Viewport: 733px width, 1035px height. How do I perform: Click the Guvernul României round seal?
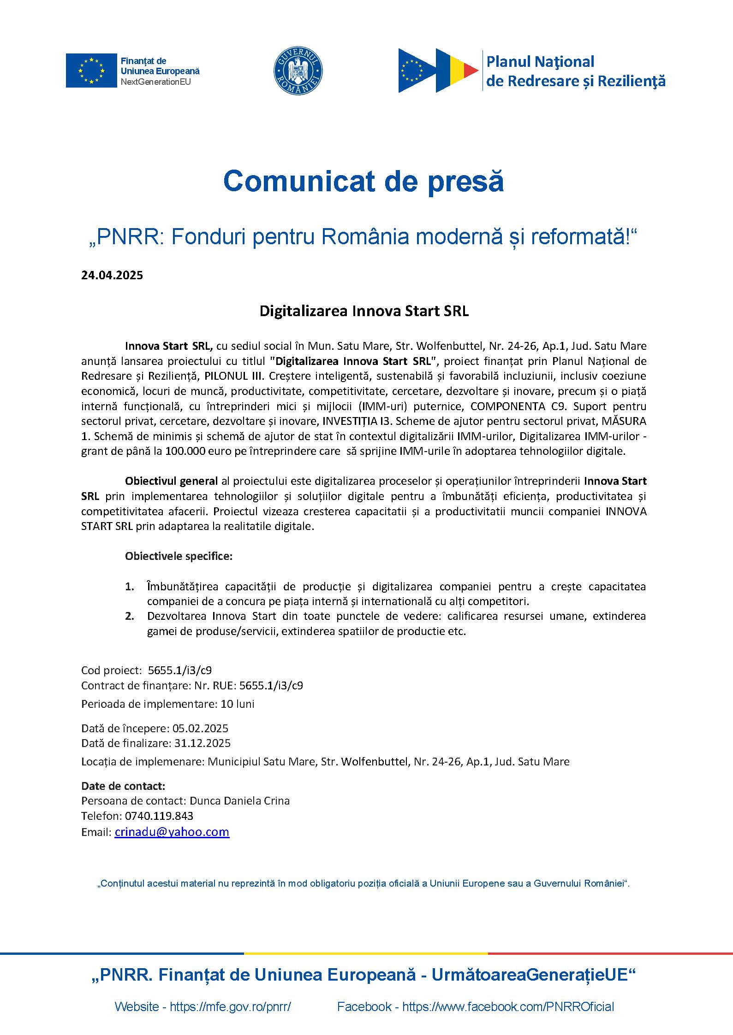click(x=298, y=71)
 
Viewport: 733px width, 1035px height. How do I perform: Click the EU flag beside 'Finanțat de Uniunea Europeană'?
click(x=91, y=71)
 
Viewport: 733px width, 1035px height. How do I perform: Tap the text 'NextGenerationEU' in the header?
click(x=155, y=82)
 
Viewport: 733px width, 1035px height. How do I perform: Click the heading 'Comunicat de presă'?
click(x=364, y=181)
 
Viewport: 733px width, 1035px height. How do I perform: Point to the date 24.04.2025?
click(x=112, y=275)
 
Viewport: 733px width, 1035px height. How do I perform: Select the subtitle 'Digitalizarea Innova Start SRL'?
click(x=364, y=311)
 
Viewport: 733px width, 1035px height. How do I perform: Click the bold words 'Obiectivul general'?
click(x=171, y=481)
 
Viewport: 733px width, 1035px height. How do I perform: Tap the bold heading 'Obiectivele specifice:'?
click(x=179, y=556)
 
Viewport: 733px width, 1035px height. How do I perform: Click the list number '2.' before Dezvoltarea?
click(x=130, y=616)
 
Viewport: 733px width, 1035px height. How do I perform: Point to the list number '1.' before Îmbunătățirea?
click(x=130, y=587)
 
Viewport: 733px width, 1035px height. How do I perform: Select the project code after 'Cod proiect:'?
click(x=180, y=670)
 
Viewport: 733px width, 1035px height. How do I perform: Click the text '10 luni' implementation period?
click(x=238, y=704)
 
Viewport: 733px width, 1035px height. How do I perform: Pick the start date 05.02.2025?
click(x=200, y=728)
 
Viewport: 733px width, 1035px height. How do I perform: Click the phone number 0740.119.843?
click(x=159, y=816)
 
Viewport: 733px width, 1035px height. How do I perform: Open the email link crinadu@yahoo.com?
click(x=172, y=832)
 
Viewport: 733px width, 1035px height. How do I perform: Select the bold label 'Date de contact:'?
click(x=123, y=786)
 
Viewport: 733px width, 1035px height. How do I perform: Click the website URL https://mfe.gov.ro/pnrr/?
click(x=230, y=1006)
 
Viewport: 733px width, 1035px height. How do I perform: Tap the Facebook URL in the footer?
click(x=508, y=1006)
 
